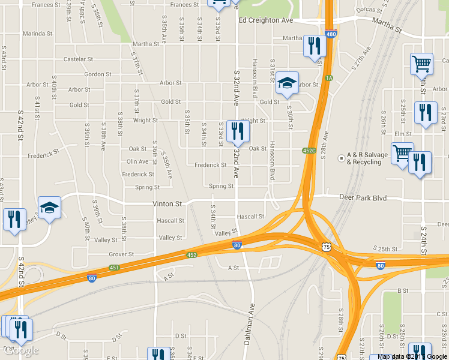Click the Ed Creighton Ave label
coord(266,20)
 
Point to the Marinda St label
coord(38,34)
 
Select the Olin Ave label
coord(137,161)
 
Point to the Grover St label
coord(121,254)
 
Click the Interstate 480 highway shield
coord(331,34)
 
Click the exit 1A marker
coord(328,78)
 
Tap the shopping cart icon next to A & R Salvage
coord(402,152)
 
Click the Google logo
coord(21,350)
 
